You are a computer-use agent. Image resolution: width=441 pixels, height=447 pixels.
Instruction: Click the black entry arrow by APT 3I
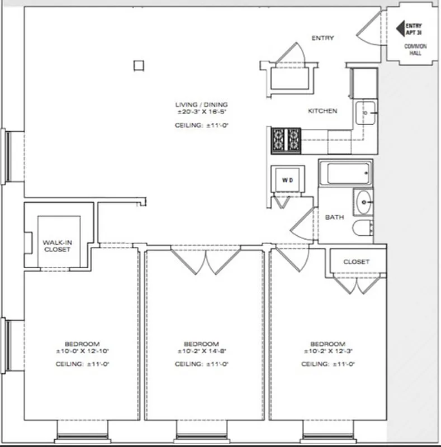tap(400, 27)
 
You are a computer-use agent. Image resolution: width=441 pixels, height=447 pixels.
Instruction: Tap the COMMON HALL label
tap(415, 49)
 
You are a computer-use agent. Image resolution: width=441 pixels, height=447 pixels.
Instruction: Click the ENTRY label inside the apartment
tap(323, 39)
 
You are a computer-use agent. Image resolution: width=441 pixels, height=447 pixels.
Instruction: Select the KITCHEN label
tap(323, 111)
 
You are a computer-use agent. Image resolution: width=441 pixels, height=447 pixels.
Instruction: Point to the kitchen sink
tap(367, 113)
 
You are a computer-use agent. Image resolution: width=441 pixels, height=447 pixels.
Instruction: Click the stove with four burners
tap(286, 140)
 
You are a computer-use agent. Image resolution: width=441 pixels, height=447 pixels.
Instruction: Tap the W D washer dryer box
tap(287, 180)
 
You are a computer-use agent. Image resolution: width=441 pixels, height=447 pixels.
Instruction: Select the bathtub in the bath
tap(348, 173)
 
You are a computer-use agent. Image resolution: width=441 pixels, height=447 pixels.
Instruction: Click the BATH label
tap(334, 217)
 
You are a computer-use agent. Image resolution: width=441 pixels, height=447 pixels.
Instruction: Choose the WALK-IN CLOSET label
tap(57, 246)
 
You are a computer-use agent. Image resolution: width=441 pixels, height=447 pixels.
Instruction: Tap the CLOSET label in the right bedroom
tap(356, 261)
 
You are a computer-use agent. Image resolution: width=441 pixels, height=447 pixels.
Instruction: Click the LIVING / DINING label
tap(201, 104)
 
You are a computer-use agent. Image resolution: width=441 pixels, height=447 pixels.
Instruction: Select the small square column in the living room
tap(139, 65)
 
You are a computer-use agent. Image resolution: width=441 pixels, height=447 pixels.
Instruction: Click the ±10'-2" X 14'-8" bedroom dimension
tap(201, 352)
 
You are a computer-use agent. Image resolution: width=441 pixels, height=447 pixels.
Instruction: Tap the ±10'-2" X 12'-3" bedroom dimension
tap(328, 352)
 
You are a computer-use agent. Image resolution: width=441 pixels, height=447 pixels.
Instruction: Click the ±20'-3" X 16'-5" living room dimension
tap(201, 112)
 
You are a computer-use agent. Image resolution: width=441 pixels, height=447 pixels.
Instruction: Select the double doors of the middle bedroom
tap(206, 260)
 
